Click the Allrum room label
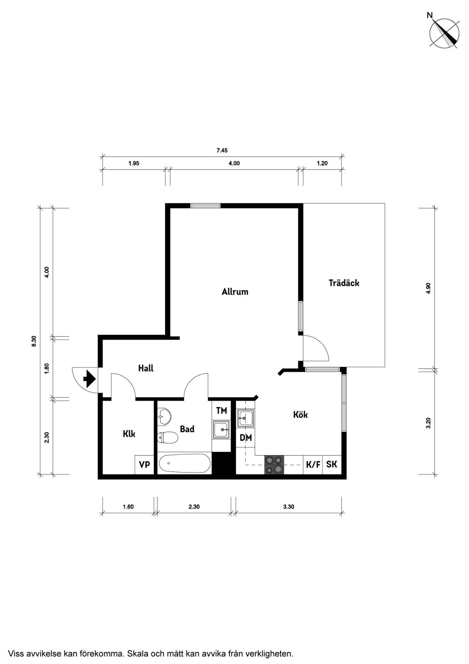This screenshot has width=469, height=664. click(235, 291)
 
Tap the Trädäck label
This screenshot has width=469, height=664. click(344, 283)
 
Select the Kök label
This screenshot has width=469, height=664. click(300, 415)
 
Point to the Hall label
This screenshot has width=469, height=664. click(146, 368)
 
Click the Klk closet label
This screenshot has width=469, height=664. click(129, 434)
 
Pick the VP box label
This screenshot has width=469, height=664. click(144, 465)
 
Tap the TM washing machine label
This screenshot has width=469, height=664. click(221, 411)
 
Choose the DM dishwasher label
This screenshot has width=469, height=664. click(246, 438)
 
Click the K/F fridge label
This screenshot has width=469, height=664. click(313, 465)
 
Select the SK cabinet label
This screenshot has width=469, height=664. click(332, 464)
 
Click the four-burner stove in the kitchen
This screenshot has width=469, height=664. click(274, 465)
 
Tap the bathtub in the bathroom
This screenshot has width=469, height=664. click(185, 464)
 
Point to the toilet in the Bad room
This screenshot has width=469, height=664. click(167, 437)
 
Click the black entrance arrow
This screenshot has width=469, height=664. click(89, 379)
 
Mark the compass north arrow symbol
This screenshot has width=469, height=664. click(444, 33)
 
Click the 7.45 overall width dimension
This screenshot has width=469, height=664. click(222, 151)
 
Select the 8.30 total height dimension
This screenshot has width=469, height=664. click(34, 341)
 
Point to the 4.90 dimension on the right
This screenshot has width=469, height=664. click(429, 288)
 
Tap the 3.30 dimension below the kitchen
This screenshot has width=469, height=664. click(289, 507)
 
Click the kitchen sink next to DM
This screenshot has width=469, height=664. click(246, 418)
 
